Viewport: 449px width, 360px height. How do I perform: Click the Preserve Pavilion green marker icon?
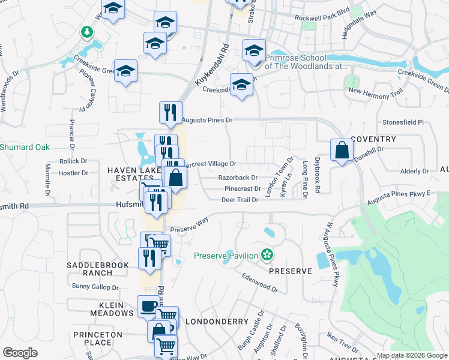[267, 256]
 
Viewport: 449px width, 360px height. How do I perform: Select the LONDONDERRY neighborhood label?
[212, 322]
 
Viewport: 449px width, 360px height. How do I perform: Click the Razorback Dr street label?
[238, 178]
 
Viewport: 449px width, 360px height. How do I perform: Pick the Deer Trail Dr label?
[240, 200]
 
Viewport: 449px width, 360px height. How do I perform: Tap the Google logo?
[20, 352]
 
